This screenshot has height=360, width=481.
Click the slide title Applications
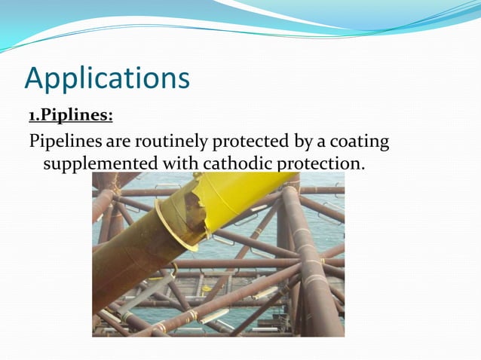click(x=106, y=78)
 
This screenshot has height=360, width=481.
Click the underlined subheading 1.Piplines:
click(x=71, y=115)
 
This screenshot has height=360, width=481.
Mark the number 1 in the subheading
click(x=32, y=115)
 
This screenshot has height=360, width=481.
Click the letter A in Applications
click(x=35, y=78)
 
